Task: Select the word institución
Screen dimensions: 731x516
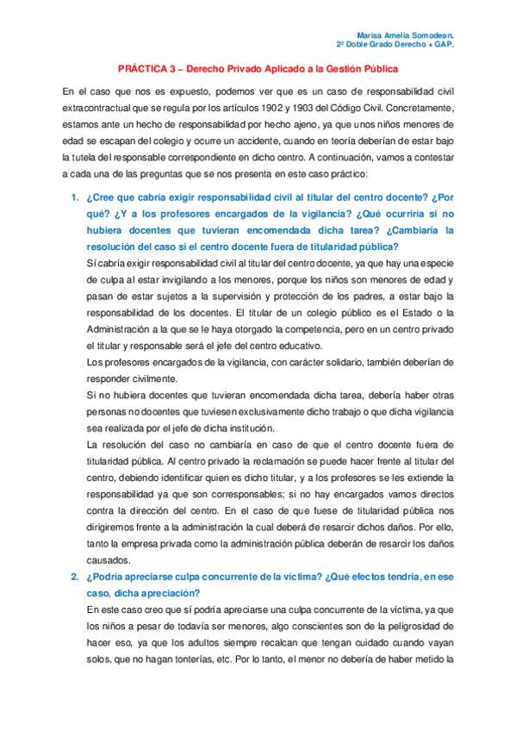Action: (x=246, y=428)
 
